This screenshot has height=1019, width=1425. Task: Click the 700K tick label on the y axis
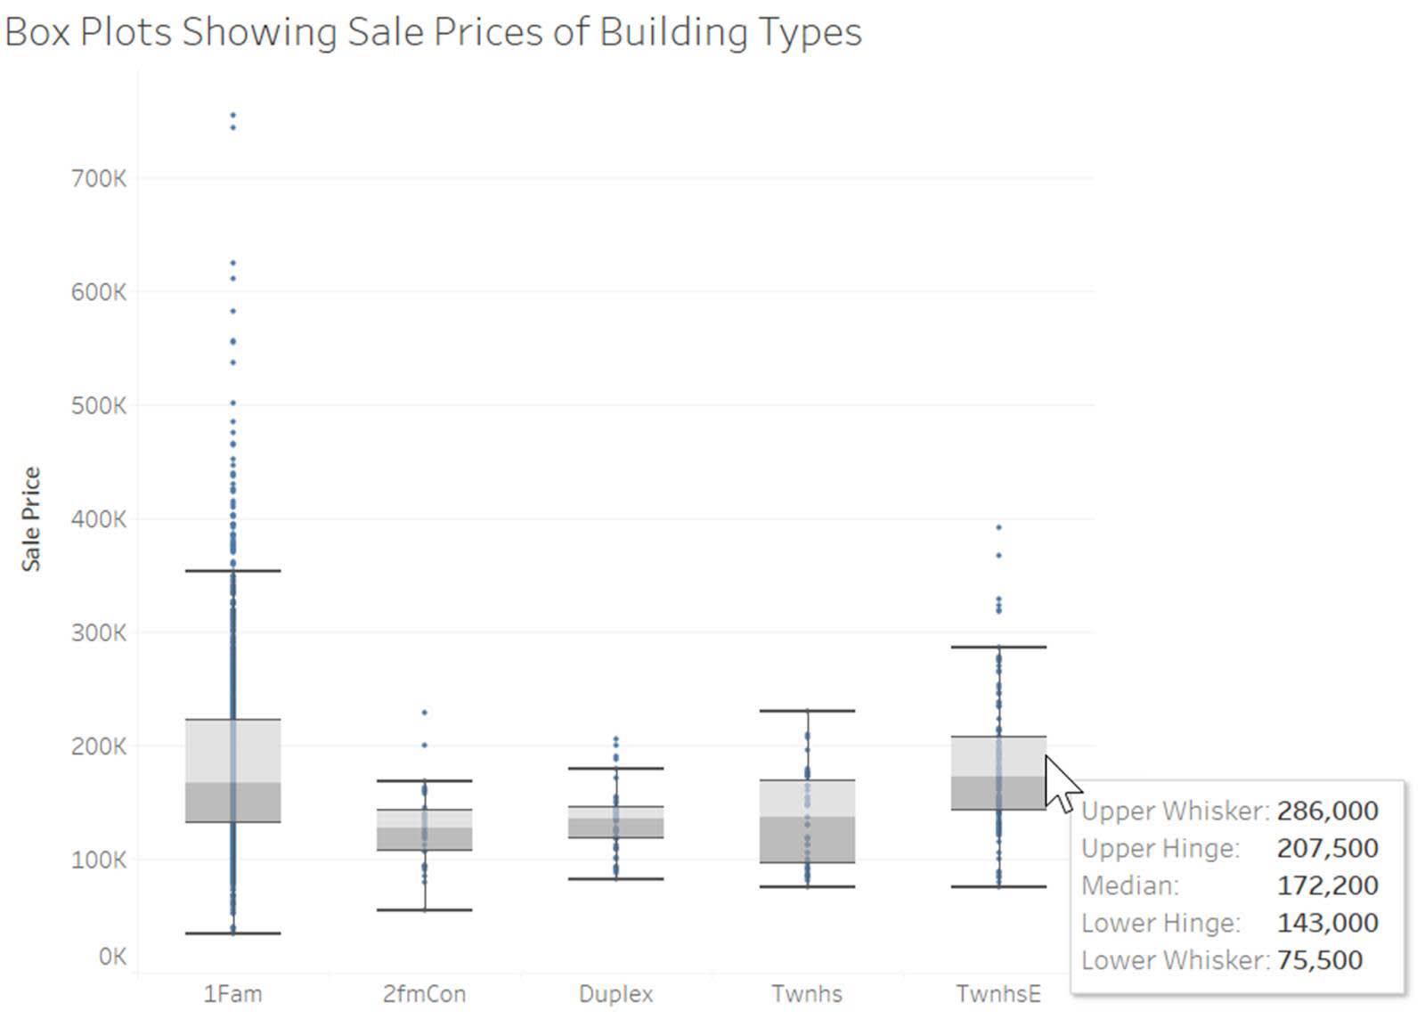[x=98, y=179]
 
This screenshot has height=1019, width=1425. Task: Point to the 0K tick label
[x=112, y=957]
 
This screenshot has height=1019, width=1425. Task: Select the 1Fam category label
[x=232, y=994]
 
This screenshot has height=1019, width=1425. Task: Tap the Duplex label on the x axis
[x=615, y=994]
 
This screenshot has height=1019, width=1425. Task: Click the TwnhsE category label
[x=997, y=994]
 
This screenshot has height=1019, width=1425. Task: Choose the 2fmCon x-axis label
[x=424, y=994]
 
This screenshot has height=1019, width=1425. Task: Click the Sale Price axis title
[x=31, y=518]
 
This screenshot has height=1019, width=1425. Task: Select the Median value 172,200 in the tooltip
[x=1327, y=885]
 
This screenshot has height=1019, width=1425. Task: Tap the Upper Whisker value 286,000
[x=1327, y=811]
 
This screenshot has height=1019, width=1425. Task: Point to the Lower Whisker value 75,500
[x=1319, y=960]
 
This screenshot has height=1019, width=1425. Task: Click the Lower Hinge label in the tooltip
[x=1160, y=923]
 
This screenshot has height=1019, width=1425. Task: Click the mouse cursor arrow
[x=1060, y=784]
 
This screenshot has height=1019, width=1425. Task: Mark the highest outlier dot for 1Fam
[x=233, y=115]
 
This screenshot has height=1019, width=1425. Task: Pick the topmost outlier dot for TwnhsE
[x=998, y=527]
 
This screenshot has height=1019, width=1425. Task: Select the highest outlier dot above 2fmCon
[x=424, y=713]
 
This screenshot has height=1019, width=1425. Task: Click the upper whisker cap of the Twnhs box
[x=807, y=711]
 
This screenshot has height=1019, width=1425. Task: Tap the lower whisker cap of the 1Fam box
[x=233, y=933]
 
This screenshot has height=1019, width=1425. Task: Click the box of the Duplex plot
[x=615, y=822]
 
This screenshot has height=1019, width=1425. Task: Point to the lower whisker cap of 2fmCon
[x=424, y=910]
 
